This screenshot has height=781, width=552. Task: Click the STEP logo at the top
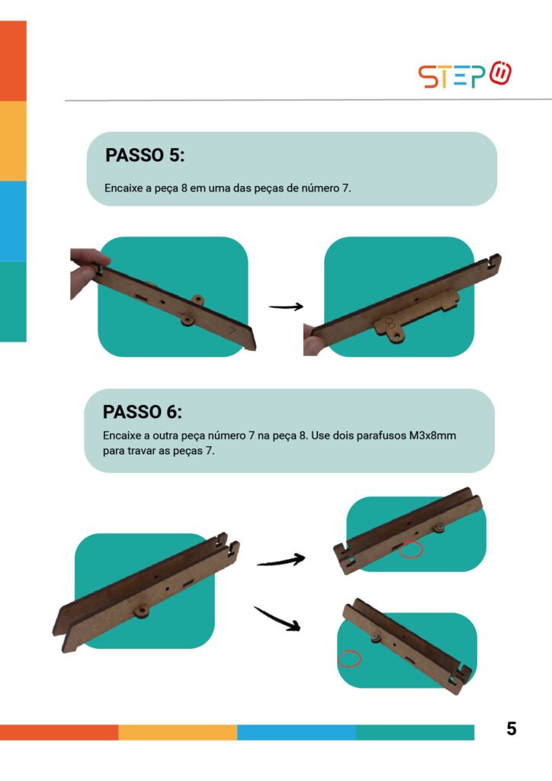click(464, 75)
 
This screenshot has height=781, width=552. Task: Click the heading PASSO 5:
click(145, 155)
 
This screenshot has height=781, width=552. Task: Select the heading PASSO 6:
click(143, 412)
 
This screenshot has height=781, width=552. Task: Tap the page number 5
click(511, 728)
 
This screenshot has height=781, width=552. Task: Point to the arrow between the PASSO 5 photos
click(286, 307)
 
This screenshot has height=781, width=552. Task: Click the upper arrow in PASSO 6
click(281, 561)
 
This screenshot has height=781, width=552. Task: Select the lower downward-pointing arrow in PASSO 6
click(278, 619)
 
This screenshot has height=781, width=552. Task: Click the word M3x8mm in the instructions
click(432, 435)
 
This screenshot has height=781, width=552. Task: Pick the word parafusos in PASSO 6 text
click(380, 435)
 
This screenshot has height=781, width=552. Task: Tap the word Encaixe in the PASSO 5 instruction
click(123, 188)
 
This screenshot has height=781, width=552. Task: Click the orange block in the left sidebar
click(13, 61)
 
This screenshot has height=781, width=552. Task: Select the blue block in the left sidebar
click(13, 221)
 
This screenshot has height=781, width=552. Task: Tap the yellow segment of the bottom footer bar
click(178, 732)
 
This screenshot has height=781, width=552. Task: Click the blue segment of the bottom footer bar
click(297, 732)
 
